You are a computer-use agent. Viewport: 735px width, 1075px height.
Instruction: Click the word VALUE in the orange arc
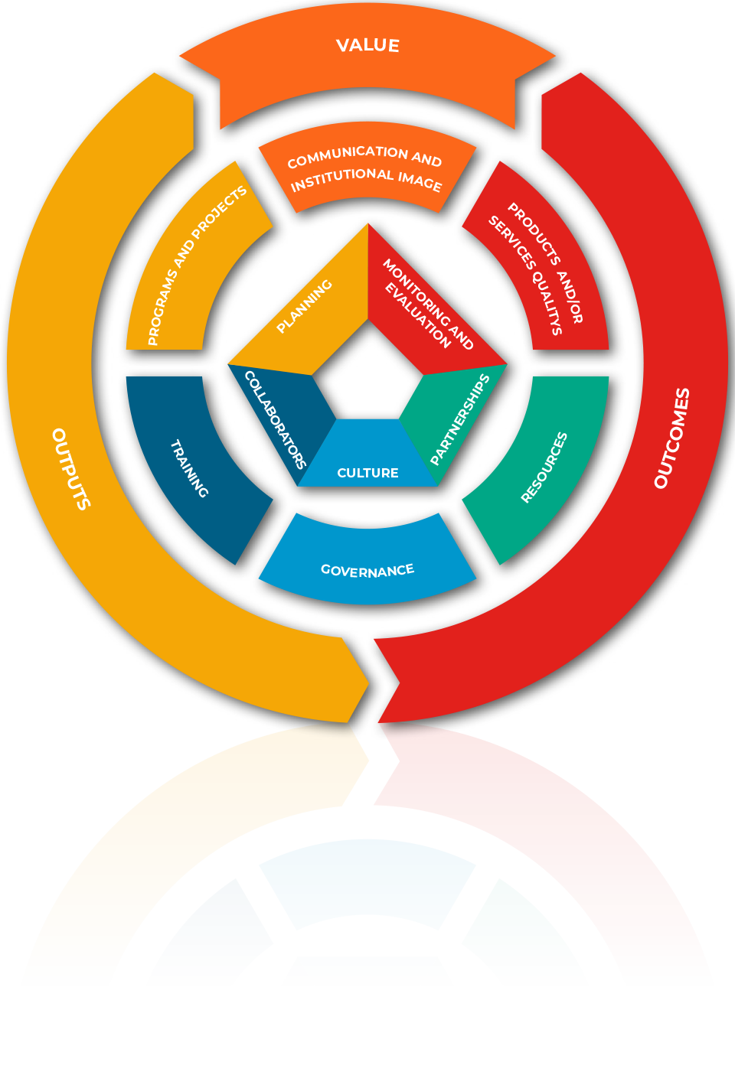pos(367,46)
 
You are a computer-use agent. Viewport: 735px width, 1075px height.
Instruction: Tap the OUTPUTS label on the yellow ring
pos(71,469)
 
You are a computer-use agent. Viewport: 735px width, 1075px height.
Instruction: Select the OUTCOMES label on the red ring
pos(672,438)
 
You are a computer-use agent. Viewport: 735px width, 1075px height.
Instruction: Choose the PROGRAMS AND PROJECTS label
pos(197,265)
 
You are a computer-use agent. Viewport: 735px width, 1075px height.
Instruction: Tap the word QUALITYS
pos(547,302)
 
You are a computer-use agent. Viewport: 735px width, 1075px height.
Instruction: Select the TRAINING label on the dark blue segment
pos(190,468)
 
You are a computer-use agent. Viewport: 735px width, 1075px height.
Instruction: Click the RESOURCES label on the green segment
pos(544,467)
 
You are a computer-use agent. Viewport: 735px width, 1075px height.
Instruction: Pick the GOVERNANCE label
pos(367,570)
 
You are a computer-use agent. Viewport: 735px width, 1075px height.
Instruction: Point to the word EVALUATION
pos(418,315)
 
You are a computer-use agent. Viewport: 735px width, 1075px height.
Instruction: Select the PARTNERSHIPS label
pos(460,419)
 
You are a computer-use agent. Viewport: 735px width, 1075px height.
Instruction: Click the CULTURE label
pos(367,473)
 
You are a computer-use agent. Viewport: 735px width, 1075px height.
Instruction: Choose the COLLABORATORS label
pos(275,419)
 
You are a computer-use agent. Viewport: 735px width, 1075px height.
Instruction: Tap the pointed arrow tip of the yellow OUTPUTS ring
pos(368,682)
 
